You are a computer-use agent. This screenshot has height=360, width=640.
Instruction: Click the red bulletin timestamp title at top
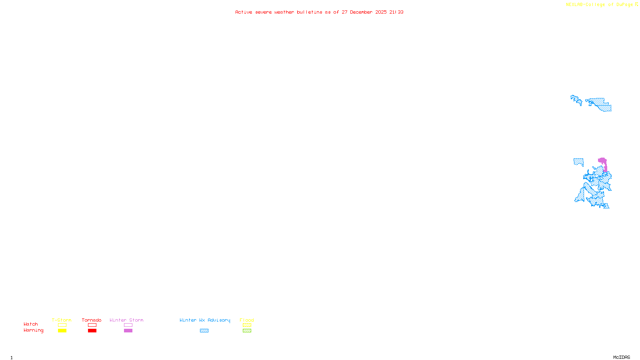tap(319, 12)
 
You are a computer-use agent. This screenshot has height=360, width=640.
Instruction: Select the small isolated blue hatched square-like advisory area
tap(578, 162)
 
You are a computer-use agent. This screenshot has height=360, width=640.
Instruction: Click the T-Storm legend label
tap(62, 320)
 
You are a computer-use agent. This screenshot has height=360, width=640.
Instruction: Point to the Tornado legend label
tap(92, 320)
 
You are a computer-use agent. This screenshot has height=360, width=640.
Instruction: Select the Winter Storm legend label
tap(126, 320)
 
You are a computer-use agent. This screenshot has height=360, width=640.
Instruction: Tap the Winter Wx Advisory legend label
tap(205, 320)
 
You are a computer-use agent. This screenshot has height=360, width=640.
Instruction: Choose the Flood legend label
tap(247, 320)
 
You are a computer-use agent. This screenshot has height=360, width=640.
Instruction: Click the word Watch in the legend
tap(31, 324)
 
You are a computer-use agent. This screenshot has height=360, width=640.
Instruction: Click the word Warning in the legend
tap(33, 330)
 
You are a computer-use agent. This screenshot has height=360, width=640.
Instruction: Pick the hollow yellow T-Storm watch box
tap(62, 325)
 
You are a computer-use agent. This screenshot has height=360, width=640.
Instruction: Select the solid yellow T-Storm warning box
tap(62, 331)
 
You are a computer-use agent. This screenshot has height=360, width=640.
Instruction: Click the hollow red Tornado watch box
tap(92, 325)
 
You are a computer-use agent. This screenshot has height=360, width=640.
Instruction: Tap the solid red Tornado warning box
tap(92, 331)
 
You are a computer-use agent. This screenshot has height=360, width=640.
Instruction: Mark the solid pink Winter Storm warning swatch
tap(128, 331)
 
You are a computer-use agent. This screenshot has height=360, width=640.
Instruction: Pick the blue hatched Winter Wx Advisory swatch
tap(204, 331)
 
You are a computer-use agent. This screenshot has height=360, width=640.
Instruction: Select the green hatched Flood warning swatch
tap(247, 331)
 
